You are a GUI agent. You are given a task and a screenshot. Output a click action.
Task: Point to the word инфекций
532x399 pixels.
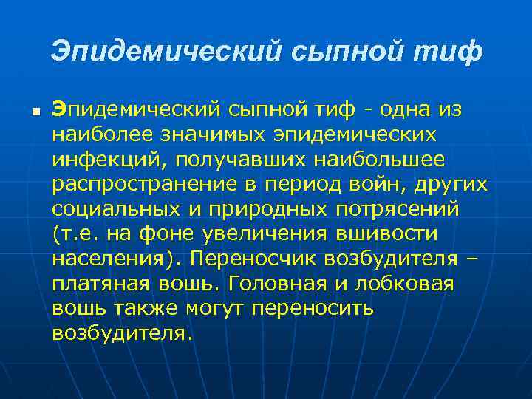tap(98, 160)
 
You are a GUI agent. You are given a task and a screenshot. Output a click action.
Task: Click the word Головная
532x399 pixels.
tap(284, 284)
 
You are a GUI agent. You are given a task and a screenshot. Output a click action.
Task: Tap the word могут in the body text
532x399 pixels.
tap(214, 308)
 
